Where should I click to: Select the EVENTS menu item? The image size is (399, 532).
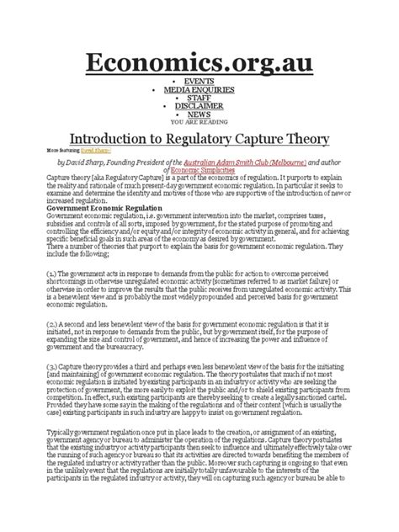tap(199, 81)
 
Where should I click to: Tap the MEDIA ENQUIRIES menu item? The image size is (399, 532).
tap(199, 89)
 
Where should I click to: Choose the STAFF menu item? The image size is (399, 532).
tap(199, 98)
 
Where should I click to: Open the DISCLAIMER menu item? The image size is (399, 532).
tap(199, 106)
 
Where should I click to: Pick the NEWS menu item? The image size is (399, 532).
tap(199, 114)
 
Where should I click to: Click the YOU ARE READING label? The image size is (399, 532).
tap(199, 122)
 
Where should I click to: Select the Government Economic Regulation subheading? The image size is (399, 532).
tap(93, 205)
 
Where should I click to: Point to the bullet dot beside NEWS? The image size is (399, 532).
tap(152, 114)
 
